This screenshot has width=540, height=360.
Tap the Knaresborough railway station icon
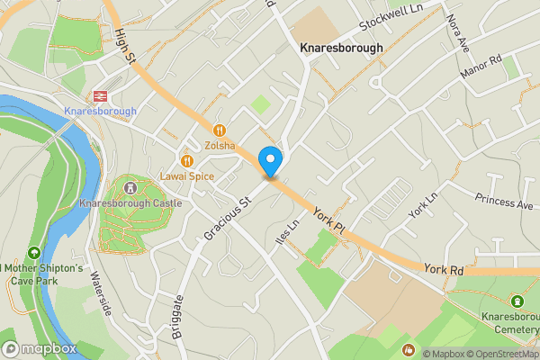click(100, 95)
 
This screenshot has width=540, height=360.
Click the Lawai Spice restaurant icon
click(187, 161)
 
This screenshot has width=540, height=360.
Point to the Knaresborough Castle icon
click(131, 188)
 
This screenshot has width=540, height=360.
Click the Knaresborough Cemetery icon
click(517, 301)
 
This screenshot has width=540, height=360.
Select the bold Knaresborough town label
click(341, 48)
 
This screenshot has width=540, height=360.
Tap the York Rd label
click(445, 269)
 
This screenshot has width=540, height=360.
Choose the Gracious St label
click(225, 219)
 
